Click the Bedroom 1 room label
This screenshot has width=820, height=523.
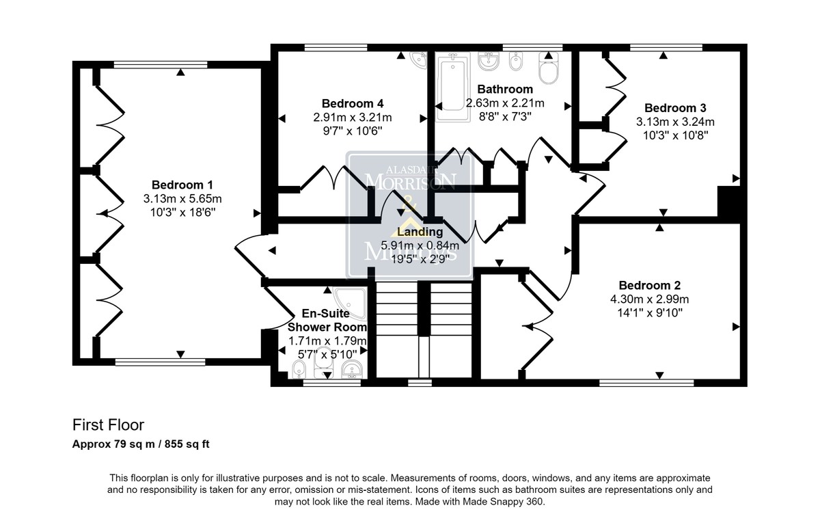[182, 185]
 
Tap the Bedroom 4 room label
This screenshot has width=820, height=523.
[353, 104]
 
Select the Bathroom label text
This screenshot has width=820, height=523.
[505, 89]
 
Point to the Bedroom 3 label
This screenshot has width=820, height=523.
[675, 108]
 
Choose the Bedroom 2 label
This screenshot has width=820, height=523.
[649, 285]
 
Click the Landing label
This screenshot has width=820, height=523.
[420, 232]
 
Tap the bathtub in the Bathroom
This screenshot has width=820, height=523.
[453, 87]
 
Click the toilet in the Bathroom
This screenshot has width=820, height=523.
[548, 68]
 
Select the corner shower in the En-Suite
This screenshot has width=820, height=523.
[351, 304]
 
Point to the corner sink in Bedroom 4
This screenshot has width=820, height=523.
[419, 59]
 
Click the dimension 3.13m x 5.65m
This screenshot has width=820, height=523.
[182, 199]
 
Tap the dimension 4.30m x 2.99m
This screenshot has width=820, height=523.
[649, 299]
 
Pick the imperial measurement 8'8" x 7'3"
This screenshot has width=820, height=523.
[505, 116]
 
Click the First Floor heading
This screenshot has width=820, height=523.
[109, 425]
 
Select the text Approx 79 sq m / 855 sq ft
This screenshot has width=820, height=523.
[141, 444]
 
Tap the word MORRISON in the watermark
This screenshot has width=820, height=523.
[411, 181]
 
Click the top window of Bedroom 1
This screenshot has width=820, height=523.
[161, 65]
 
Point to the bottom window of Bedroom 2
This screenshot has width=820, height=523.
[646, 383]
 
